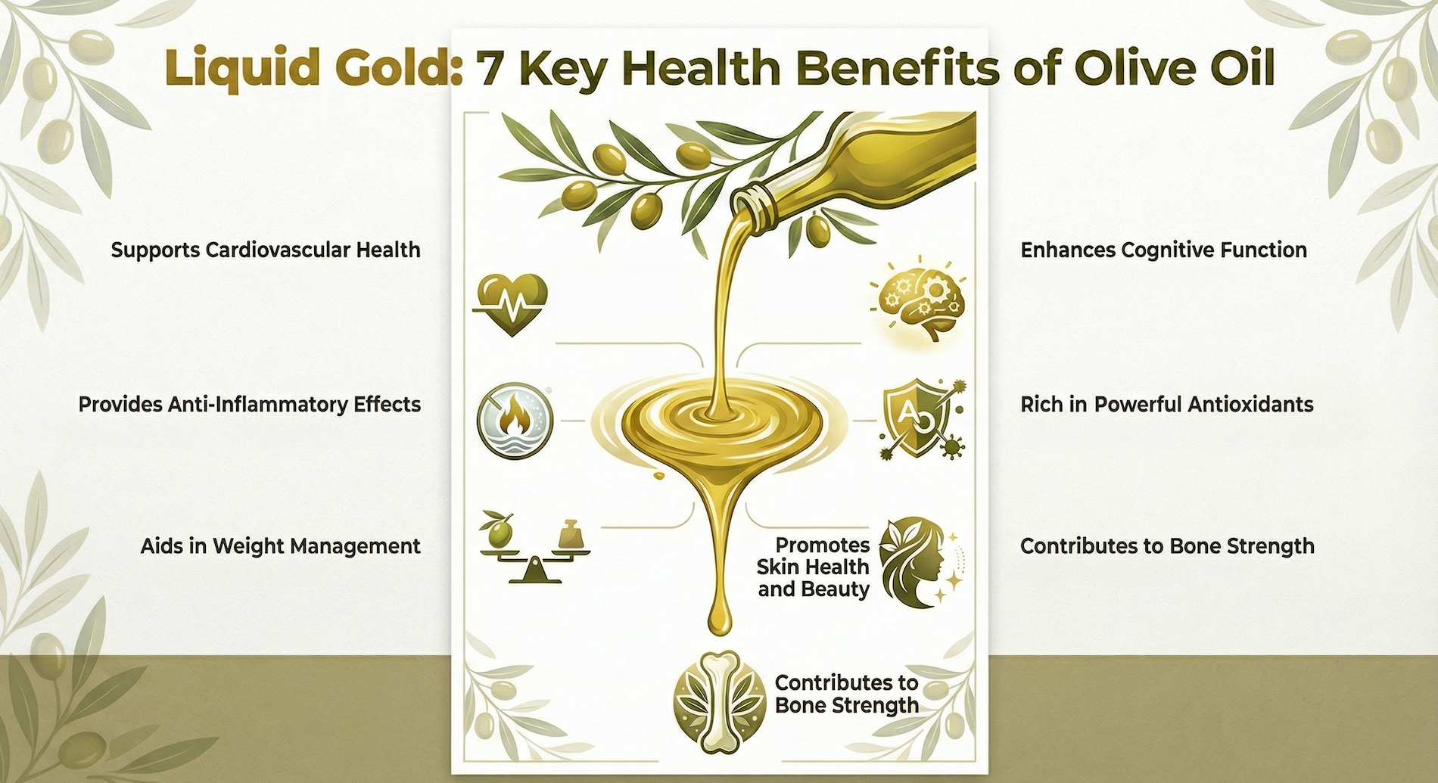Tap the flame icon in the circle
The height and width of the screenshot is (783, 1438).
pos(515,419)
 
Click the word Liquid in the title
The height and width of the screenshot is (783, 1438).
pos(225,68)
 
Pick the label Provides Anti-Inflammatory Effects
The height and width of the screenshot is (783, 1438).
pos(250,404)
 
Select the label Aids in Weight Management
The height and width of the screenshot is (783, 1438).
pos(280,546)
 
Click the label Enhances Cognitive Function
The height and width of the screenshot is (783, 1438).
pos(1163,250)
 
